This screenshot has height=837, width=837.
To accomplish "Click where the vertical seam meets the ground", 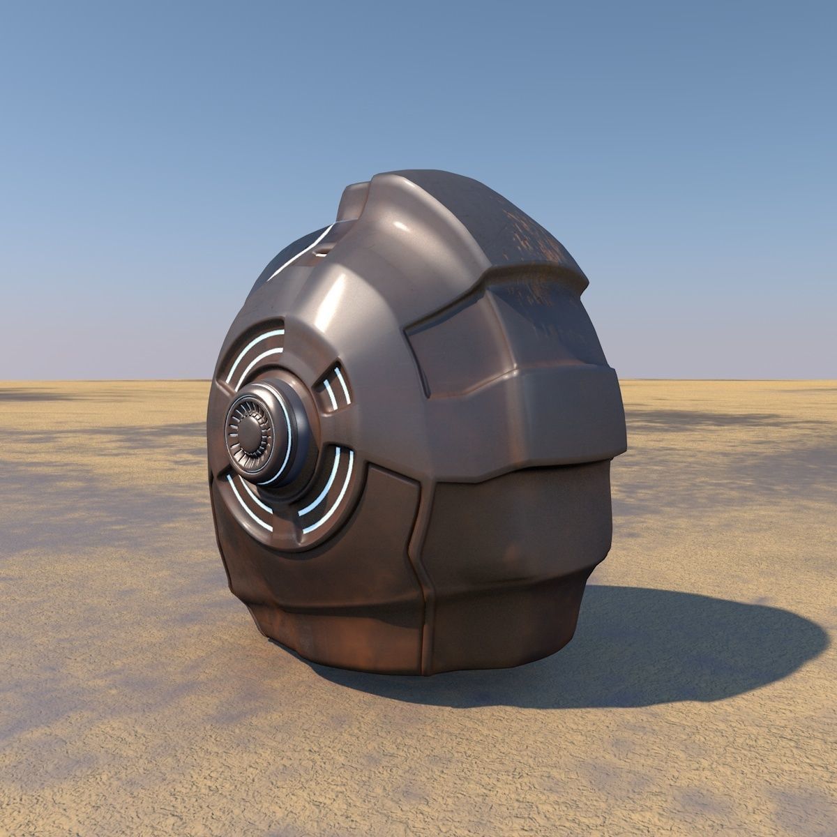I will coord(424,672).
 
